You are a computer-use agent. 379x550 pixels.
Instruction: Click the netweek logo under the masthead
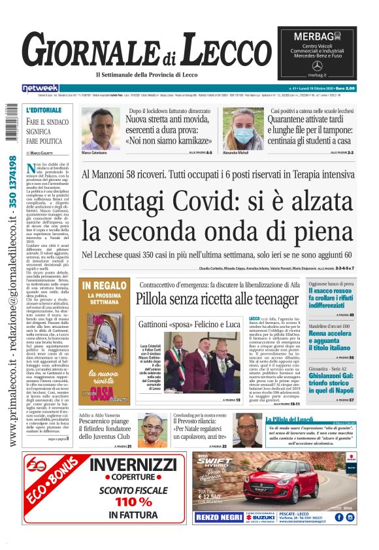(x=41, y=88)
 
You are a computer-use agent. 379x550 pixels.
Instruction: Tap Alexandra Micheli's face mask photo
(x=242, y=129)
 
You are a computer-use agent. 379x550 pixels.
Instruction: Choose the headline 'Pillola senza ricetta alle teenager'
(x=217, y=299)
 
